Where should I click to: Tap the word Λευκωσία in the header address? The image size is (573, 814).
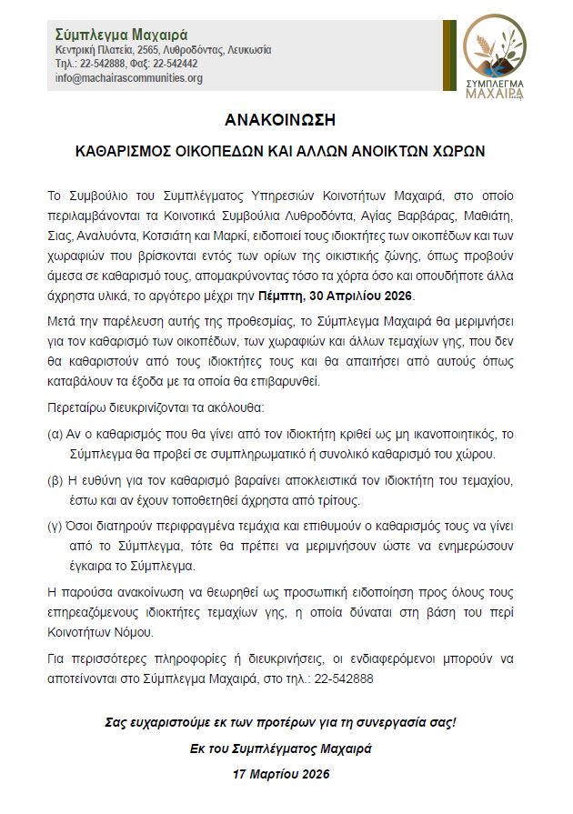pyautogui.click(x=246, y=50)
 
